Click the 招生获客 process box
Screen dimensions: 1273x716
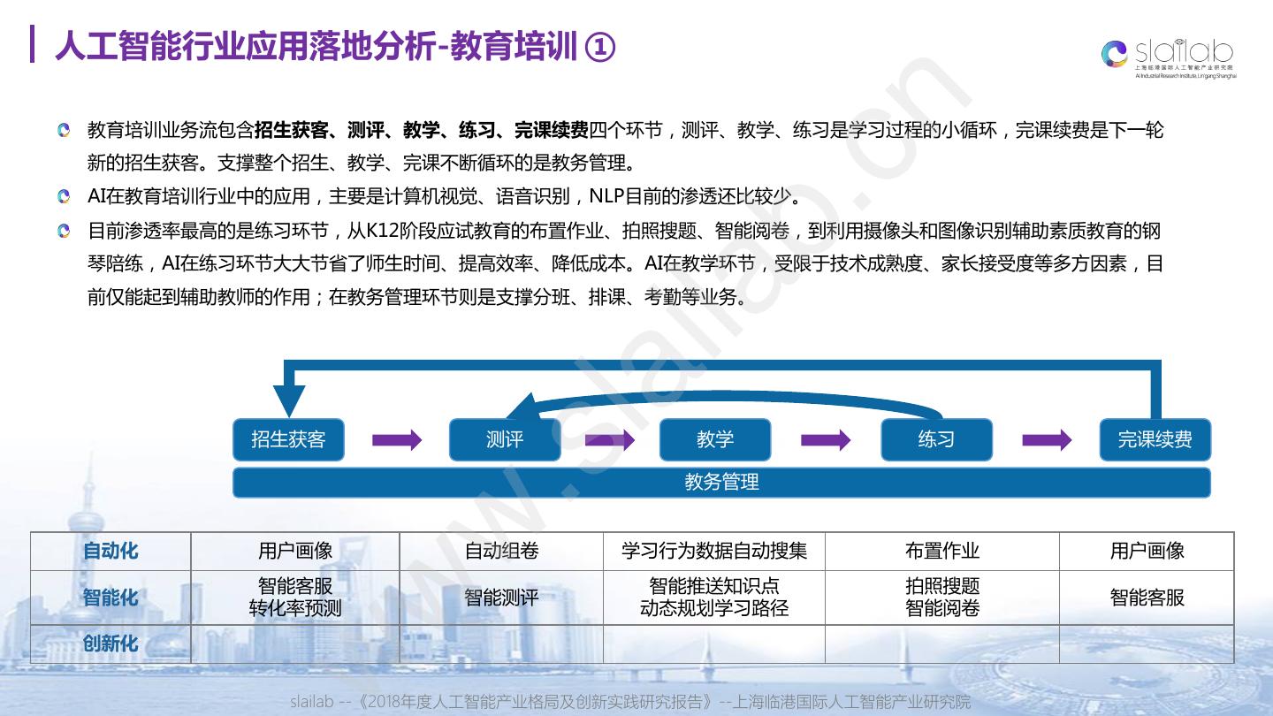coord(288,439)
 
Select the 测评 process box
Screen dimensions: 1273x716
coord(505,439)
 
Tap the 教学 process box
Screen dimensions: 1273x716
coord(715,439)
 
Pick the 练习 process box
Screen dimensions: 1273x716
coord(936,439)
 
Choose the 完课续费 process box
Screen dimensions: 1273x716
coord(1155,439)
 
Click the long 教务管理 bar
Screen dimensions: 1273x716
coord(721,483)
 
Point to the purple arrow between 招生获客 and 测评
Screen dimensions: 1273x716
coord(397,439)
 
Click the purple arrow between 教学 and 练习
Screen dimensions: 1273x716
coord(826,439)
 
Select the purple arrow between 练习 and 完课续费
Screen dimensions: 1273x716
coord(1047,439)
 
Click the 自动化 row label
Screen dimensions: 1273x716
coord(111,551)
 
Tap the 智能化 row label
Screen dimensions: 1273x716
coord(111,598)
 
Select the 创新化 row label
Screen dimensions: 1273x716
coord(111,644)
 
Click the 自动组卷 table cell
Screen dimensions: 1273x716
coord(501,551)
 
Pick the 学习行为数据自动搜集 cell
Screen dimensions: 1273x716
coord(714,551)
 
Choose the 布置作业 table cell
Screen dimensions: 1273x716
coord(942,551)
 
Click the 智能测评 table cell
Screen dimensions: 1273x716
coord(501,598)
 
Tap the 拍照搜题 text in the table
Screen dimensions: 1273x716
coord(942,586)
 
